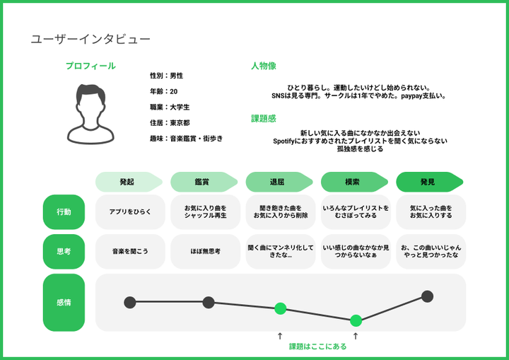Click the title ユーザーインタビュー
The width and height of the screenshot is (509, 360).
(x=90, y=40)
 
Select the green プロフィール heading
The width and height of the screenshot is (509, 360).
(x=90, y=66)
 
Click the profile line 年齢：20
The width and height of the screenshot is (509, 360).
(x=163, y=91)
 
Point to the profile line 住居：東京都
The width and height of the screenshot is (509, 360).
(x=170, y=122)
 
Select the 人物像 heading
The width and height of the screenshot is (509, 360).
(x=264, y=66)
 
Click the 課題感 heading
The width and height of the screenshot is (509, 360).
(x=264, y=119)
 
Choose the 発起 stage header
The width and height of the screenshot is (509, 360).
(x=127, y=182)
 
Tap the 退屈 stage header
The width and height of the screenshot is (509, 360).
(x=277, y=182)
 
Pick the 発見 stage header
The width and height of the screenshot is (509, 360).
(x=428, y=182)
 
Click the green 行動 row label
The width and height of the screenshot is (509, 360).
(x=64, y=212)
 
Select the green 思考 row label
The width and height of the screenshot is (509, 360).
(x=64, y=251)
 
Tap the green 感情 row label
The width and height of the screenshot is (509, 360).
(x=64, y=302)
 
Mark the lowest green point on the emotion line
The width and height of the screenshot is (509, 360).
(x=356, y=320)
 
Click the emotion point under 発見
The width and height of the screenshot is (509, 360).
(x=427, y=296)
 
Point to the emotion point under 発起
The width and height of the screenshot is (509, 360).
(x=130, y=303)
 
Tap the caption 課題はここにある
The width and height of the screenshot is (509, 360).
(x=318, y=347)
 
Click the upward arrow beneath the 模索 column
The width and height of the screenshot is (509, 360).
(x=356, y=336)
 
